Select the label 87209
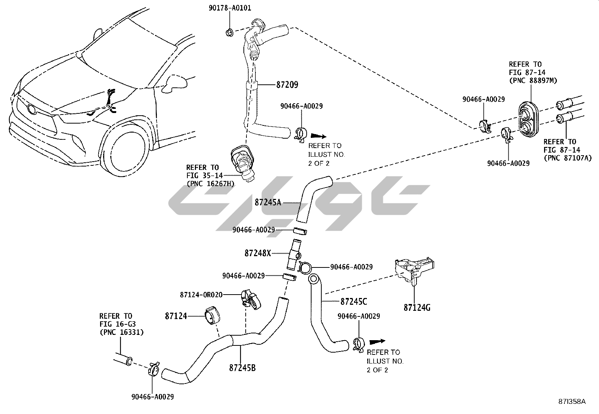pos(287,85)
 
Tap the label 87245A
pos(268,202)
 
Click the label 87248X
pos(257,253)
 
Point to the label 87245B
pos(242,367)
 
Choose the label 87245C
pos(354,301)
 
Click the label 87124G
pos(417,308)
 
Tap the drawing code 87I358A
pos(572,402)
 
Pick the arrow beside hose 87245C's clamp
pos(378,342)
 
